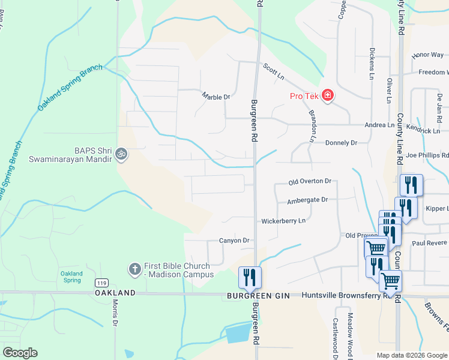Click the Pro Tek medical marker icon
(x=328, y=96)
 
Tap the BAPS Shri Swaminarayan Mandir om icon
(x=121, y=154)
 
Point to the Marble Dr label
(x=215, y=96)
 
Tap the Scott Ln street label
(x=273, y=71)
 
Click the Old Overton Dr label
(x=310, y=181)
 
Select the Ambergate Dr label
(x=307, y=200)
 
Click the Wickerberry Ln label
(x=283, y=221)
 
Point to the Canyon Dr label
(x=234, y=241)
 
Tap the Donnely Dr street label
(x=341, y=143)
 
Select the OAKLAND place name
(x=115, y=292)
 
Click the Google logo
(x=20, y=353)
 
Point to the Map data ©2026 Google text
(x=412, y=355)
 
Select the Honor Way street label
(x=428, y=55)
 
